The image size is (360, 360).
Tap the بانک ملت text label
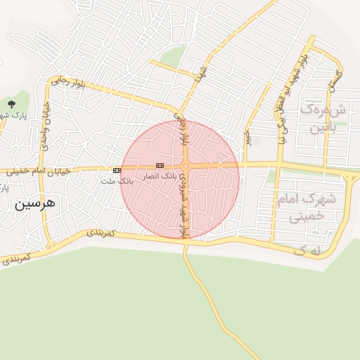[116, 181]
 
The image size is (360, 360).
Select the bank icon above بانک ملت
[117, 170]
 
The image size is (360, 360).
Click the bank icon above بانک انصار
[160, 165]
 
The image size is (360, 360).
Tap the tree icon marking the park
[10, 104]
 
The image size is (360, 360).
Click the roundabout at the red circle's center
[186, 166]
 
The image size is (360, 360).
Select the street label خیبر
[247, 137]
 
